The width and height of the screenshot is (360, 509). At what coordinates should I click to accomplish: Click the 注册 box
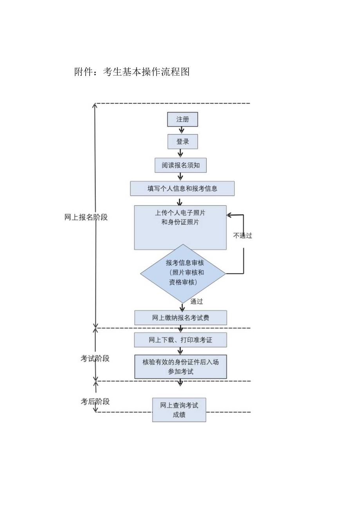[182, 119]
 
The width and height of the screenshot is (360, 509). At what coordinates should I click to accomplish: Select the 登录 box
[182, 142]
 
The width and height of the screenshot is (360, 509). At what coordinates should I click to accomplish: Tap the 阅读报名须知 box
[180, 165]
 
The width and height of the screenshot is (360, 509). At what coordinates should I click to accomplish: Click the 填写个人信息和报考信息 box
[182, 188]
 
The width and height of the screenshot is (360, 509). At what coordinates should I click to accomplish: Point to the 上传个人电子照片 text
[180, 214]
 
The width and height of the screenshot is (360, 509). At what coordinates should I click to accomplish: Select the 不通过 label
[242, 236]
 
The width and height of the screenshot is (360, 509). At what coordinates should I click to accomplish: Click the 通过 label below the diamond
[196, 302]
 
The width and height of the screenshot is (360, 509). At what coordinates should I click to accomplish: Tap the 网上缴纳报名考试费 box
[180, 318]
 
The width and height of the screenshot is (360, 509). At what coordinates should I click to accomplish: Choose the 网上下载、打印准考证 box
[180, 340]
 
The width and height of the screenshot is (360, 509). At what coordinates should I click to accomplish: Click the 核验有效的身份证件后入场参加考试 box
[180, 367]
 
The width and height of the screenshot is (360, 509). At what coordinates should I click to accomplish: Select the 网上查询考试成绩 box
[179, 410]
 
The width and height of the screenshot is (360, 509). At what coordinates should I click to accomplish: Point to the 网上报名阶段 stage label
[86, 218]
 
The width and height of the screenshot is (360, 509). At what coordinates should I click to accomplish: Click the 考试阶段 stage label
[95, 358]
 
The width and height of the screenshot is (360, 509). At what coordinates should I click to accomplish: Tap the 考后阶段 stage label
[95, 401]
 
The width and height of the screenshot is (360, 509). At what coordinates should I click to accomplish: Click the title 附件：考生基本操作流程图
[132, 72]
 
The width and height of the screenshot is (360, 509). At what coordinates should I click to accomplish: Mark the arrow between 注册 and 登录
[182, 130]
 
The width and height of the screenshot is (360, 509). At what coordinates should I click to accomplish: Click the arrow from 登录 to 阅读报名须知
[180, 153]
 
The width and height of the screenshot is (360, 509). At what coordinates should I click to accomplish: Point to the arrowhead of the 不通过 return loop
[229, 215]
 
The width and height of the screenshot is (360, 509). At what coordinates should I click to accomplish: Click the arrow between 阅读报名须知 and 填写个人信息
[180, 177]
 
